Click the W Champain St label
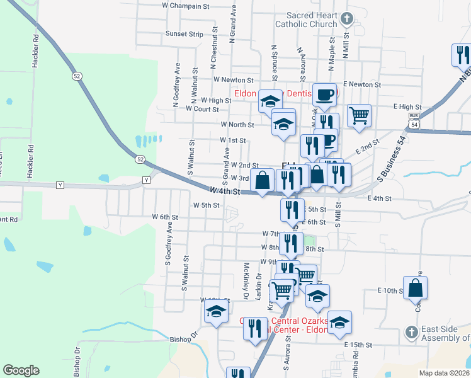[185, 6]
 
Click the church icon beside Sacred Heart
[346, 19]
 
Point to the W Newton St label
[233, 80]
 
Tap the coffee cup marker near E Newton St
[324, 94]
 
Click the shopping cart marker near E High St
[359, 115]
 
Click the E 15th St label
[359, 345]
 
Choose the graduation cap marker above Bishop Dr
[216, 311]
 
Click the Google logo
[21, 370]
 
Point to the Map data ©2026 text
[444, 373]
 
